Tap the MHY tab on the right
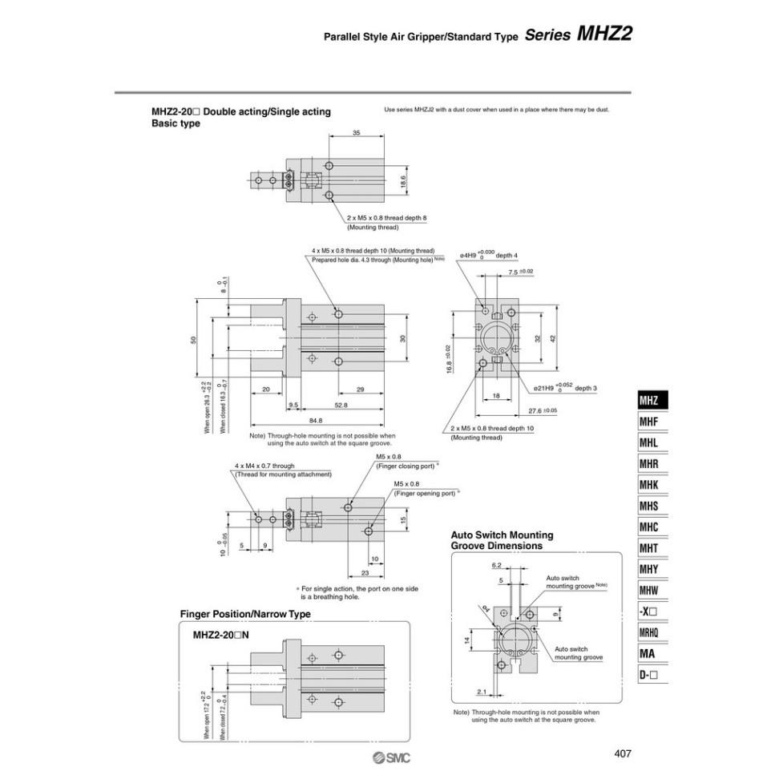(x=650, y=570)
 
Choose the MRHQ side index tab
(x=650, y=633)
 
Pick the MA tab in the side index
(x=650, y=654)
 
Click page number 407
(x=624, y=753)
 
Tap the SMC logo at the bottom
(x=391, y=758)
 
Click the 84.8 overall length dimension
(x=315, y=421)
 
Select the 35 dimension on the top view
(x=356, y=133)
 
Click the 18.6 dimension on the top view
(x=403, y=182)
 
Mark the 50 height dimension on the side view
(x=193, y=340)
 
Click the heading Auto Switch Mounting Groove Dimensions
(x=502, y=540)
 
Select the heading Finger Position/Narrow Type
(x=244, y=614)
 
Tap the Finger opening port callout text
(x=426, y=493)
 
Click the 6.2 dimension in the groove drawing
(x=497, y=565)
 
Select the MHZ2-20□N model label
(x=221, y=634)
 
